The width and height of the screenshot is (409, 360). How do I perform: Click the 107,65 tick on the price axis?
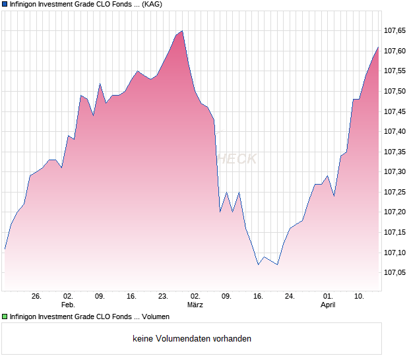(x=394, y=30)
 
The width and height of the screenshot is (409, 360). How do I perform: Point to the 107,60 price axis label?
(x=394, y=51)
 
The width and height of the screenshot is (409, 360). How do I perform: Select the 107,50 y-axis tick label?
(x=394, y=91)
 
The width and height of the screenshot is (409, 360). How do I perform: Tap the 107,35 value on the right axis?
(x=394, y=152)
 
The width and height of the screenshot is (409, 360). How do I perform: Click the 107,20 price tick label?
(x=394, y=212)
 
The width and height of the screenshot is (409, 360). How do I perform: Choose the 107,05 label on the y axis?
(x=394, y=272)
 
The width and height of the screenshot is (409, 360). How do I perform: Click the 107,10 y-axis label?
(x=394, y=252)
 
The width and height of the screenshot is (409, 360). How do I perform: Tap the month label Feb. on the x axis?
(x=68, y=305)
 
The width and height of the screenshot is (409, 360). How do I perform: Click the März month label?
(x=195, y=305)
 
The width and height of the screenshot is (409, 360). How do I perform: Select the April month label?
(x=328, y=305)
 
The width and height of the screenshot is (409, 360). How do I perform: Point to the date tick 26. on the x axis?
(x=36, y=296)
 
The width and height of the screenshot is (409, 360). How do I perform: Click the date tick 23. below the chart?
(x=163, y=296)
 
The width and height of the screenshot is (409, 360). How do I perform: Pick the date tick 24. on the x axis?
(x=290, y=296)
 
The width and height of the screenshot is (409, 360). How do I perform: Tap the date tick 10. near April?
(x=360, y=296)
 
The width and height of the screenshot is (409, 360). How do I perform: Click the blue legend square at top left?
(x=5, y=4)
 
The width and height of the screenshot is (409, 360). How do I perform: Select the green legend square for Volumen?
(x=5, y=317)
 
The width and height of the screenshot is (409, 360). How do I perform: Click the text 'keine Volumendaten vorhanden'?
(x=192, y=339)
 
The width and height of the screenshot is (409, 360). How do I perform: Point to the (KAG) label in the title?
(x=152, y=4)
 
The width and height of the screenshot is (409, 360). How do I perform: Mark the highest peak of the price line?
(x=182, y=31)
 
